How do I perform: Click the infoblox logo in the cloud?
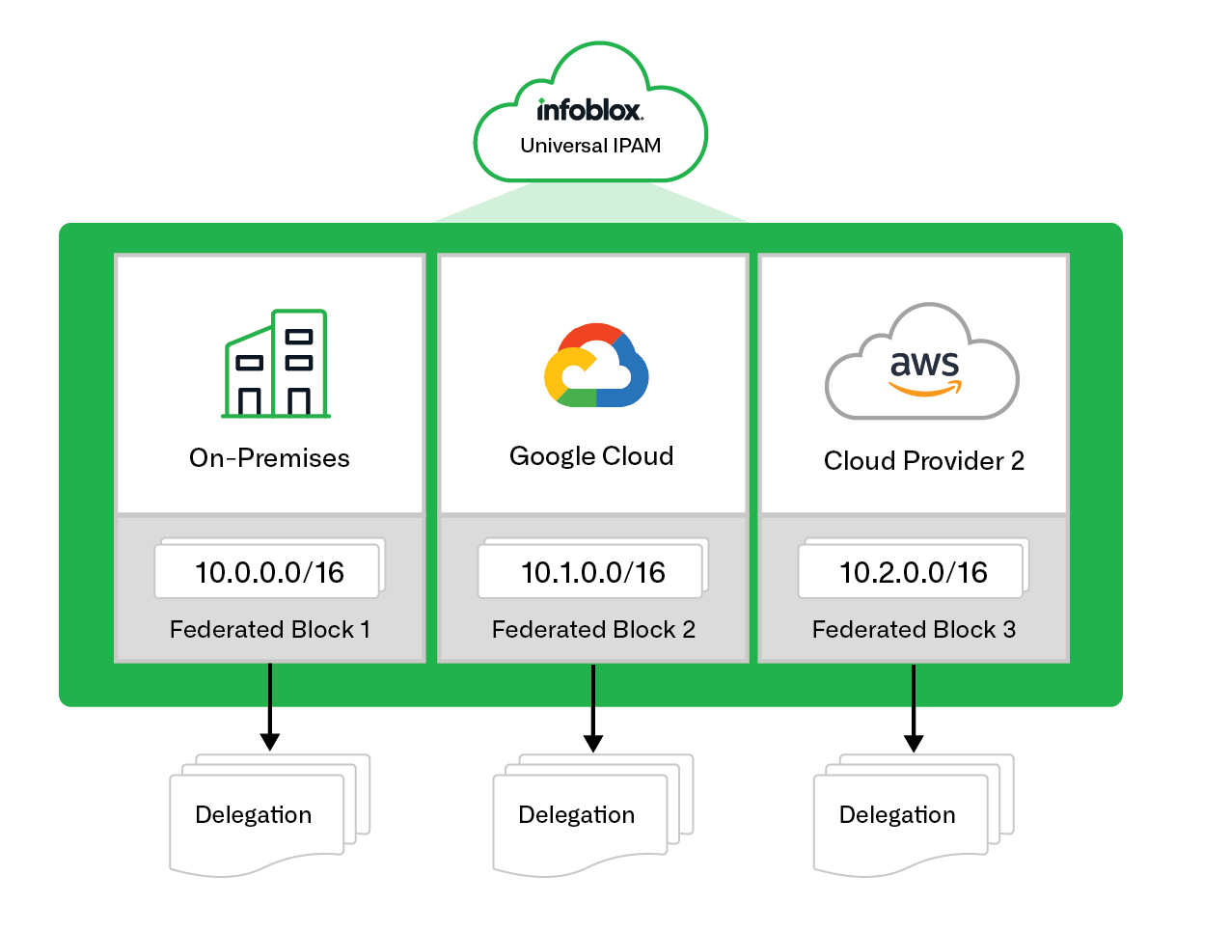tap(589, 110)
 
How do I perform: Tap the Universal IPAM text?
tap(590, 146)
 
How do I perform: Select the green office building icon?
tap(276, 364)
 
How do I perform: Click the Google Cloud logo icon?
tap(596, 366)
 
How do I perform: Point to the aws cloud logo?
tap(922, 364)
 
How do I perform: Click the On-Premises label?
tap(269, 458)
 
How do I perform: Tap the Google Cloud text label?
tap(591, 456)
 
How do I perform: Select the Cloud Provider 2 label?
tap(923, 461)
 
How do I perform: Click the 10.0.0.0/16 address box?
tap(269, 572)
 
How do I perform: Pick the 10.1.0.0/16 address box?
tap(593, 572)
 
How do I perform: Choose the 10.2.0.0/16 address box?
tap(913, 572)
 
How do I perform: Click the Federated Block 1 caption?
tap(269, 630)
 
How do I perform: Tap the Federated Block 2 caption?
tap(593, 630)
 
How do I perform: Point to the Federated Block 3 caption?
tap(914, 630)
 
